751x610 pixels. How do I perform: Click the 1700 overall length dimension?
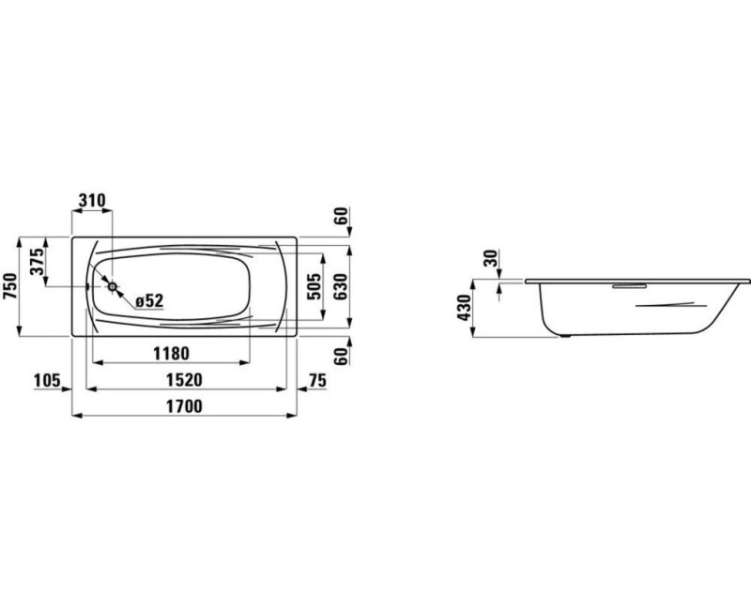pyautogui.click(x=185, y=405)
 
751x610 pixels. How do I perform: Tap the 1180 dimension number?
pyautogui.click(x=171, y=353)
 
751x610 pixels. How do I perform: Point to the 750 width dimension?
pyautogui.click(x=10, y=285)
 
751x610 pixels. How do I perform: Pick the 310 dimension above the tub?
pyautogui.click(x=92, y=201)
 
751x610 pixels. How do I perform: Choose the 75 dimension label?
pyautogui.click(x=316, y=379)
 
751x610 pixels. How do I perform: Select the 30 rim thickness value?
pyautogui.click(x=490, y=259)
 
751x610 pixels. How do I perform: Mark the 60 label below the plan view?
pyautogui.click(x=342, y=354)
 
